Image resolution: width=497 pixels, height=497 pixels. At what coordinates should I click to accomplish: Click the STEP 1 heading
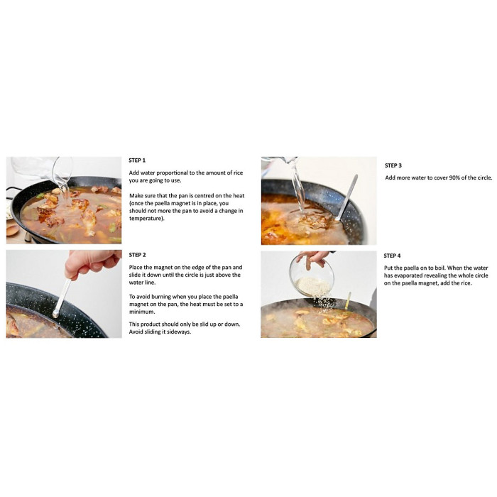[137, 160]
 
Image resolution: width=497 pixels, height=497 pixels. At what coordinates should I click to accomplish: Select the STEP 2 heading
[137, 254]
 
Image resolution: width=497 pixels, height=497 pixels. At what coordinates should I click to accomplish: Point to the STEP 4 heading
[392, 256]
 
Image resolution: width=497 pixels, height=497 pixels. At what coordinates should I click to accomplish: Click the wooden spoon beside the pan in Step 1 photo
[12, 229]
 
